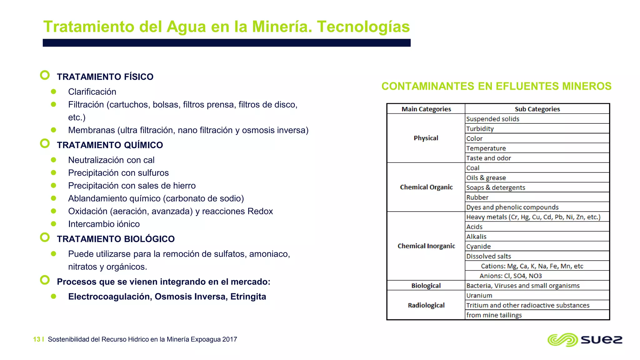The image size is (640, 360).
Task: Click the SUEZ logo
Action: [585, 340]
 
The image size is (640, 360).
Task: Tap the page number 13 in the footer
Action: [37, 339]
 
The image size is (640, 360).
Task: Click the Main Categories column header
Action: [426, 109]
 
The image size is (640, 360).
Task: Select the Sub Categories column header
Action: [537, 109]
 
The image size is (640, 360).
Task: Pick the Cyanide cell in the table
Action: [478, 246]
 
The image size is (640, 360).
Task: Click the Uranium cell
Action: [479, 295]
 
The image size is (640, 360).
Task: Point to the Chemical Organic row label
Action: [426, 187]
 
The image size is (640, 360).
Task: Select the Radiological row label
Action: [426, 305]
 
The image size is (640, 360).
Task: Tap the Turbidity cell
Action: [480, 129]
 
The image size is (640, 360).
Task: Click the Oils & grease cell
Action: [486, 178]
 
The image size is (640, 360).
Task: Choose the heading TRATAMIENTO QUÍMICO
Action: [110, 145]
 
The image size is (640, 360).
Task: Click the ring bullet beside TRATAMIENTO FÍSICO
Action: [45, 75]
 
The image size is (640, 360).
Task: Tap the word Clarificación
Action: [92, 92]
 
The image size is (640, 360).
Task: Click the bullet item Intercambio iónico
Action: [104, 224]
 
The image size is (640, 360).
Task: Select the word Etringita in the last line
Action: [248, 297]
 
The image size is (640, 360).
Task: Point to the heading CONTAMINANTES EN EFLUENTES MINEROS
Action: [496, 86]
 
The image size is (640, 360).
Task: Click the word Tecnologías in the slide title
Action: [363, 27]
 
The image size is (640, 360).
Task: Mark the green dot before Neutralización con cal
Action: [53, 160]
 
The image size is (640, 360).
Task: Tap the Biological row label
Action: [426, 286]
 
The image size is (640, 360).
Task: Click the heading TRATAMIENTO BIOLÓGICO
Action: [116, 239]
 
